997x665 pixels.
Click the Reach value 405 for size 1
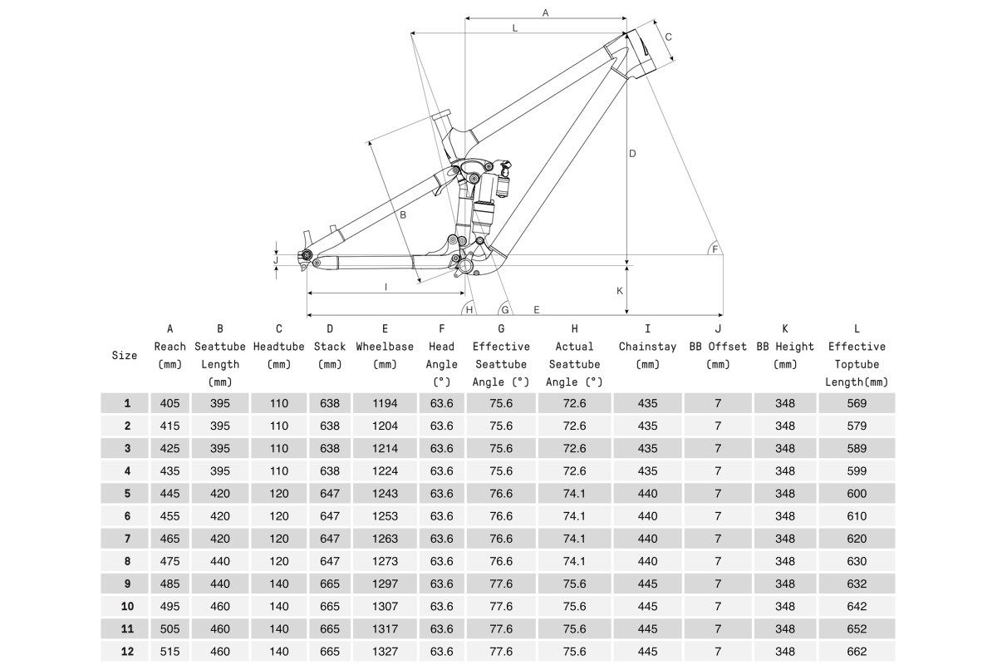click(170, 403)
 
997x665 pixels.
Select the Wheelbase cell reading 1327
click(385, 652)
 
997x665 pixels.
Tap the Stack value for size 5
click(330, 494)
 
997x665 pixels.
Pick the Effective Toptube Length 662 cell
click(857, 652)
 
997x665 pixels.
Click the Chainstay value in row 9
click(647, 584)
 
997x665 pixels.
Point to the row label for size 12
click(127, 652)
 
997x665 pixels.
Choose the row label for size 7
click(127, 539)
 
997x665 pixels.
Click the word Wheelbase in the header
click(385, 347)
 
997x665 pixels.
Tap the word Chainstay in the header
click(647, 347)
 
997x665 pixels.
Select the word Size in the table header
click(125, 355)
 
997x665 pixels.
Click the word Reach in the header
click(170, 347)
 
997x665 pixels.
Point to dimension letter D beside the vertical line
click(632, 154)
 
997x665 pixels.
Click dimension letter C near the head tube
click(668, 37)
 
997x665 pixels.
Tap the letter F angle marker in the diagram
click(715, 249)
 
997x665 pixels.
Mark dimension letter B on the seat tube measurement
click(402, 215)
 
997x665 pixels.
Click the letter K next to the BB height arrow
click(620, 291)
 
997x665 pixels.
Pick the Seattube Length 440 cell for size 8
click(220, 561)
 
